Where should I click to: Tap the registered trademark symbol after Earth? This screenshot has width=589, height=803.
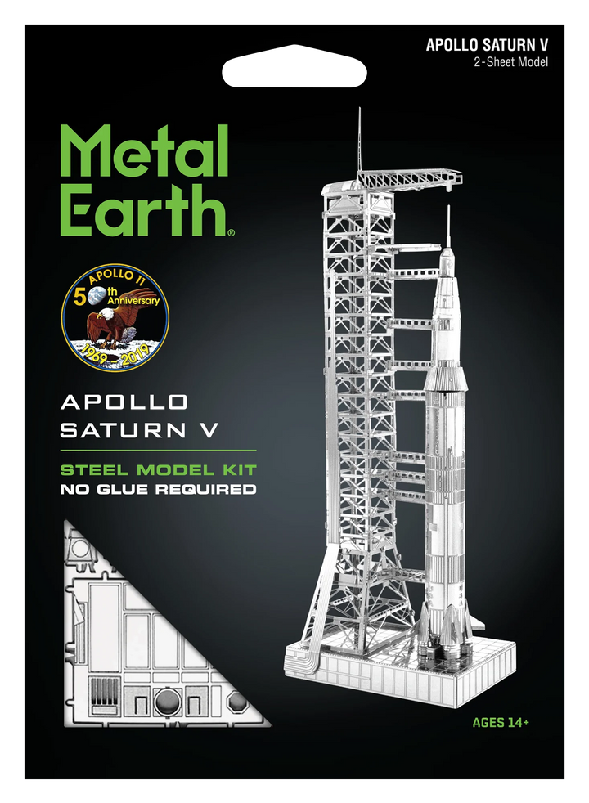(x=232, y=233)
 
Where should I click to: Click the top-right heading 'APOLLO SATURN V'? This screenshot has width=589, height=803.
(x=487, y=46)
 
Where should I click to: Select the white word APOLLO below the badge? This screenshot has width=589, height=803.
(x=124, y=402)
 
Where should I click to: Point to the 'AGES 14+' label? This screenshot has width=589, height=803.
(x=501, y=722)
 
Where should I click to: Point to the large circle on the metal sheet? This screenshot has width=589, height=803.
(x=163, y=702)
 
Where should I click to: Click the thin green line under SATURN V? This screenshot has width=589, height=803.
(x=159, y=451)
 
